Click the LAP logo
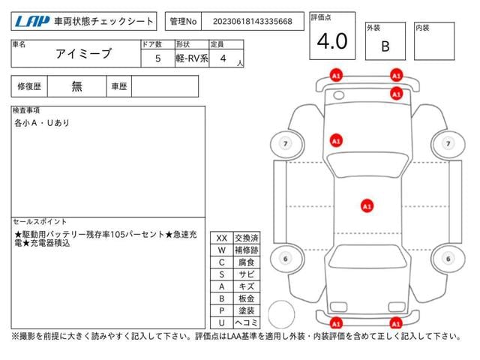click(x=31, y=22)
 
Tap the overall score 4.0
click(x=331, y=41)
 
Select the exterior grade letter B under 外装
click(x=385, y=46)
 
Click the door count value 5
click(x=157, y=58)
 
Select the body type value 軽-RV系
click(x=193, y=58)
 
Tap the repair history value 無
click(x=77, y=86)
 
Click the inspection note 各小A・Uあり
click(x=42, y=122)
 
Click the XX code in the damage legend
click(x=221, y=238)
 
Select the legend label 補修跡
click(x=246, y=250)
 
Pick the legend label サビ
click(x=246, y=274)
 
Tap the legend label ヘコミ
click(x=246, y=322)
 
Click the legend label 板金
click(x=246, y=298)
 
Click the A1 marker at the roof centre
click(x=367, y=205)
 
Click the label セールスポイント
click(x=40, y=222)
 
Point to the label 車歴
click(x=118, y=86)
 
